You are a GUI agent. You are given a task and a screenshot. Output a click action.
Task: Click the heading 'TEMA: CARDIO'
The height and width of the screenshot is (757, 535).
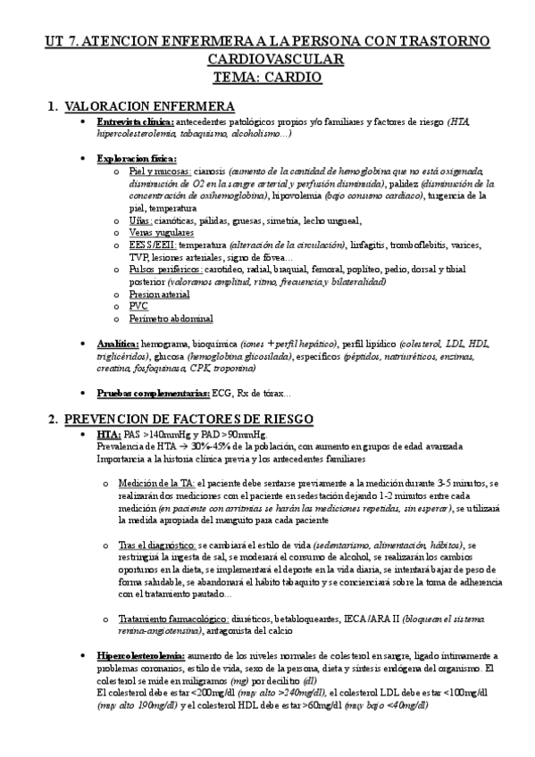click(267, 79)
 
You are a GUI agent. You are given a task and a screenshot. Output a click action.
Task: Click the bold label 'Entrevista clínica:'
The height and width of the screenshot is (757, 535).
click(135, 122)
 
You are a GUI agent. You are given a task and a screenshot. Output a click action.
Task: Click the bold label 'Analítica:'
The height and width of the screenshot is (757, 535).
click(118, 343)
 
